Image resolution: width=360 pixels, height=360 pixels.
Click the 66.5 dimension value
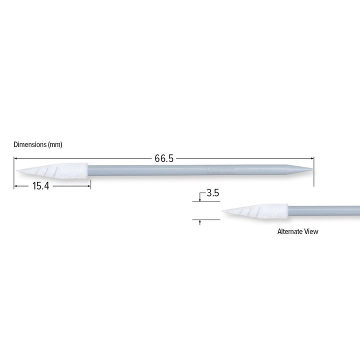[x=164, y=158]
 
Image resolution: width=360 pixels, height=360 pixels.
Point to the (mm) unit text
[x=54, y=144]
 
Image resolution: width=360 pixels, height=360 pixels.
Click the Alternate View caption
[x=297, y=231]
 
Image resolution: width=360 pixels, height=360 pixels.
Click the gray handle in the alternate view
[x=325, y=210]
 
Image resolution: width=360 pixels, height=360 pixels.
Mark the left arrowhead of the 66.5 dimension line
[x=15, y=158]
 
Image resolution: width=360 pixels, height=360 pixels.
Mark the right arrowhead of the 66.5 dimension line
[x=312, y=158]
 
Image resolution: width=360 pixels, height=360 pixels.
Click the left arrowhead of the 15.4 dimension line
[x=15, y=185]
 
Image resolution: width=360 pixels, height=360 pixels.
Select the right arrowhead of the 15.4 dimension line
[x=88, y=185]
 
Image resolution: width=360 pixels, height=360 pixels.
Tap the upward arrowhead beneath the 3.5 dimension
[x=200, y=221]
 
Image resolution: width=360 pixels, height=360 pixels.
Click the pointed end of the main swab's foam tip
[x=17, y=171]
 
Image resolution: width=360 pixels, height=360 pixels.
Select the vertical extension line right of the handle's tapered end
[x=314, y=172]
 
